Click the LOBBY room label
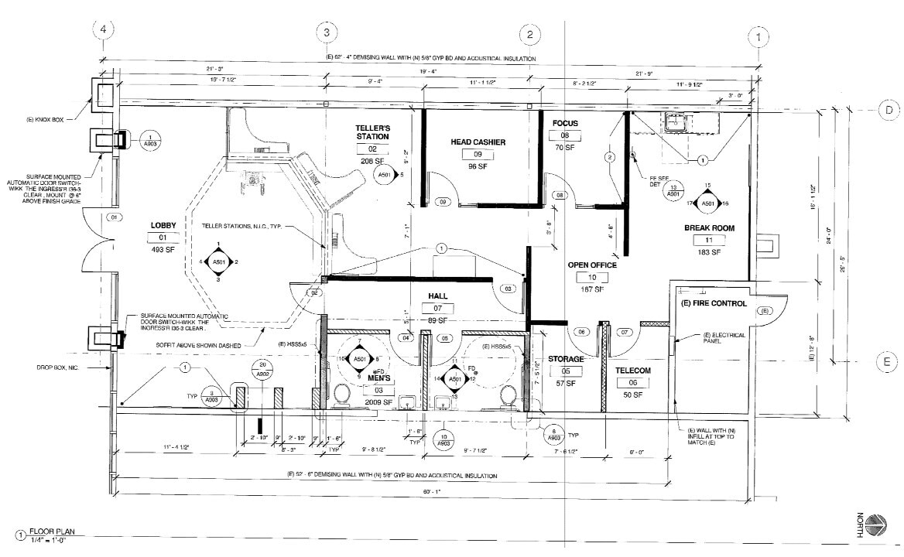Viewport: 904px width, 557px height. (x=163, y=225)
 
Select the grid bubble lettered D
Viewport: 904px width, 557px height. (x=889, y=111)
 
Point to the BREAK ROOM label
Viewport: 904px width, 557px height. (x=708, y=228)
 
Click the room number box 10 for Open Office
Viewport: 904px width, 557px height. (x=592, y=277)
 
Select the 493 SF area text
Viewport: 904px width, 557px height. (x=163, y=249)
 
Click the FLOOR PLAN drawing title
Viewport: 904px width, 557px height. (x=52, y=532)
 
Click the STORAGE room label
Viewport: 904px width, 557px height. (x=565, y=359)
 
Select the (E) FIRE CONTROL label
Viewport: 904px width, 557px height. (x=714, y=303)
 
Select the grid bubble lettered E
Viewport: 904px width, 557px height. (x=889, y=361)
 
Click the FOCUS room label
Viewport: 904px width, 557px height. (x=565, y=123)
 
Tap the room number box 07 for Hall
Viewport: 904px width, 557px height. (x=437, y=308)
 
